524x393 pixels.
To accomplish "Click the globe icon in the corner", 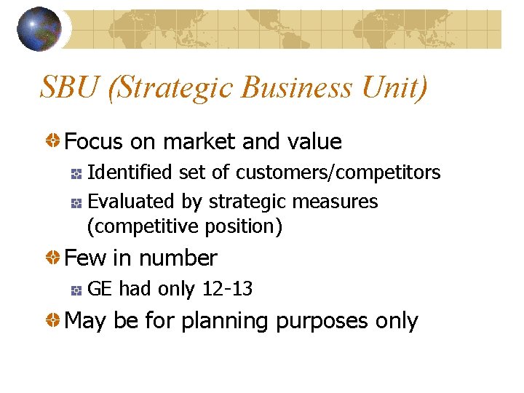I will pyautogui.click(x=39, y=28).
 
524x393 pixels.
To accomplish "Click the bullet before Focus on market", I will pyautogui.click(x=54, y=141).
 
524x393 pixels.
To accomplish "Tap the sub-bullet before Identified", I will pyautogui.click(x=76, y=173).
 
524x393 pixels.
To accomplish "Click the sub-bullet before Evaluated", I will pyautogui.click(x=76, y=202).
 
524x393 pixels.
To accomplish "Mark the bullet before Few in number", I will pyautogui.click(x=54, y=258).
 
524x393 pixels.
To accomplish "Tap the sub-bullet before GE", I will pyautogui.click(x=76, y=290).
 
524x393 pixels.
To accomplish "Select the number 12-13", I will pyautogui.click(x=227, y=289).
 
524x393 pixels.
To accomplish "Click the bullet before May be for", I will pyautogui.click(x=54, y=321).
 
